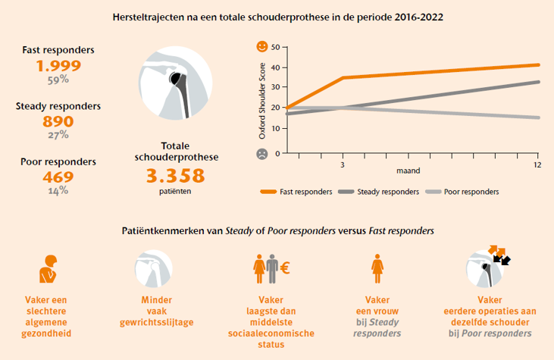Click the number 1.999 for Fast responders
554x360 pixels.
tap(58, 65)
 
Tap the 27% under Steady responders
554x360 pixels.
tap(58, 135)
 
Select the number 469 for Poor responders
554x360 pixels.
tap(58, 177)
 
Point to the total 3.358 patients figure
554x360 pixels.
tap(176, 176)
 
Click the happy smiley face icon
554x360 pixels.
tap(261, 47)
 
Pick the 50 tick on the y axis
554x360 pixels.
tap(275, 47)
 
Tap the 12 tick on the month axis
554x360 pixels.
tap(537, 164)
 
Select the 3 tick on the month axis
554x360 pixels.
tap(343, 164)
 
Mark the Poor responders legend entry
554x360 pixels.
tap(463, 192)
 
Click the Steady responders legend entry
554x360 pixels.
tap(380, 192)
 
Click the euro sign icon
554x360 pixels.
tap(286, 268)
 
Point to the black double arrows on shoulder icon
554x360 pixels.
tap(501, 258)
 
